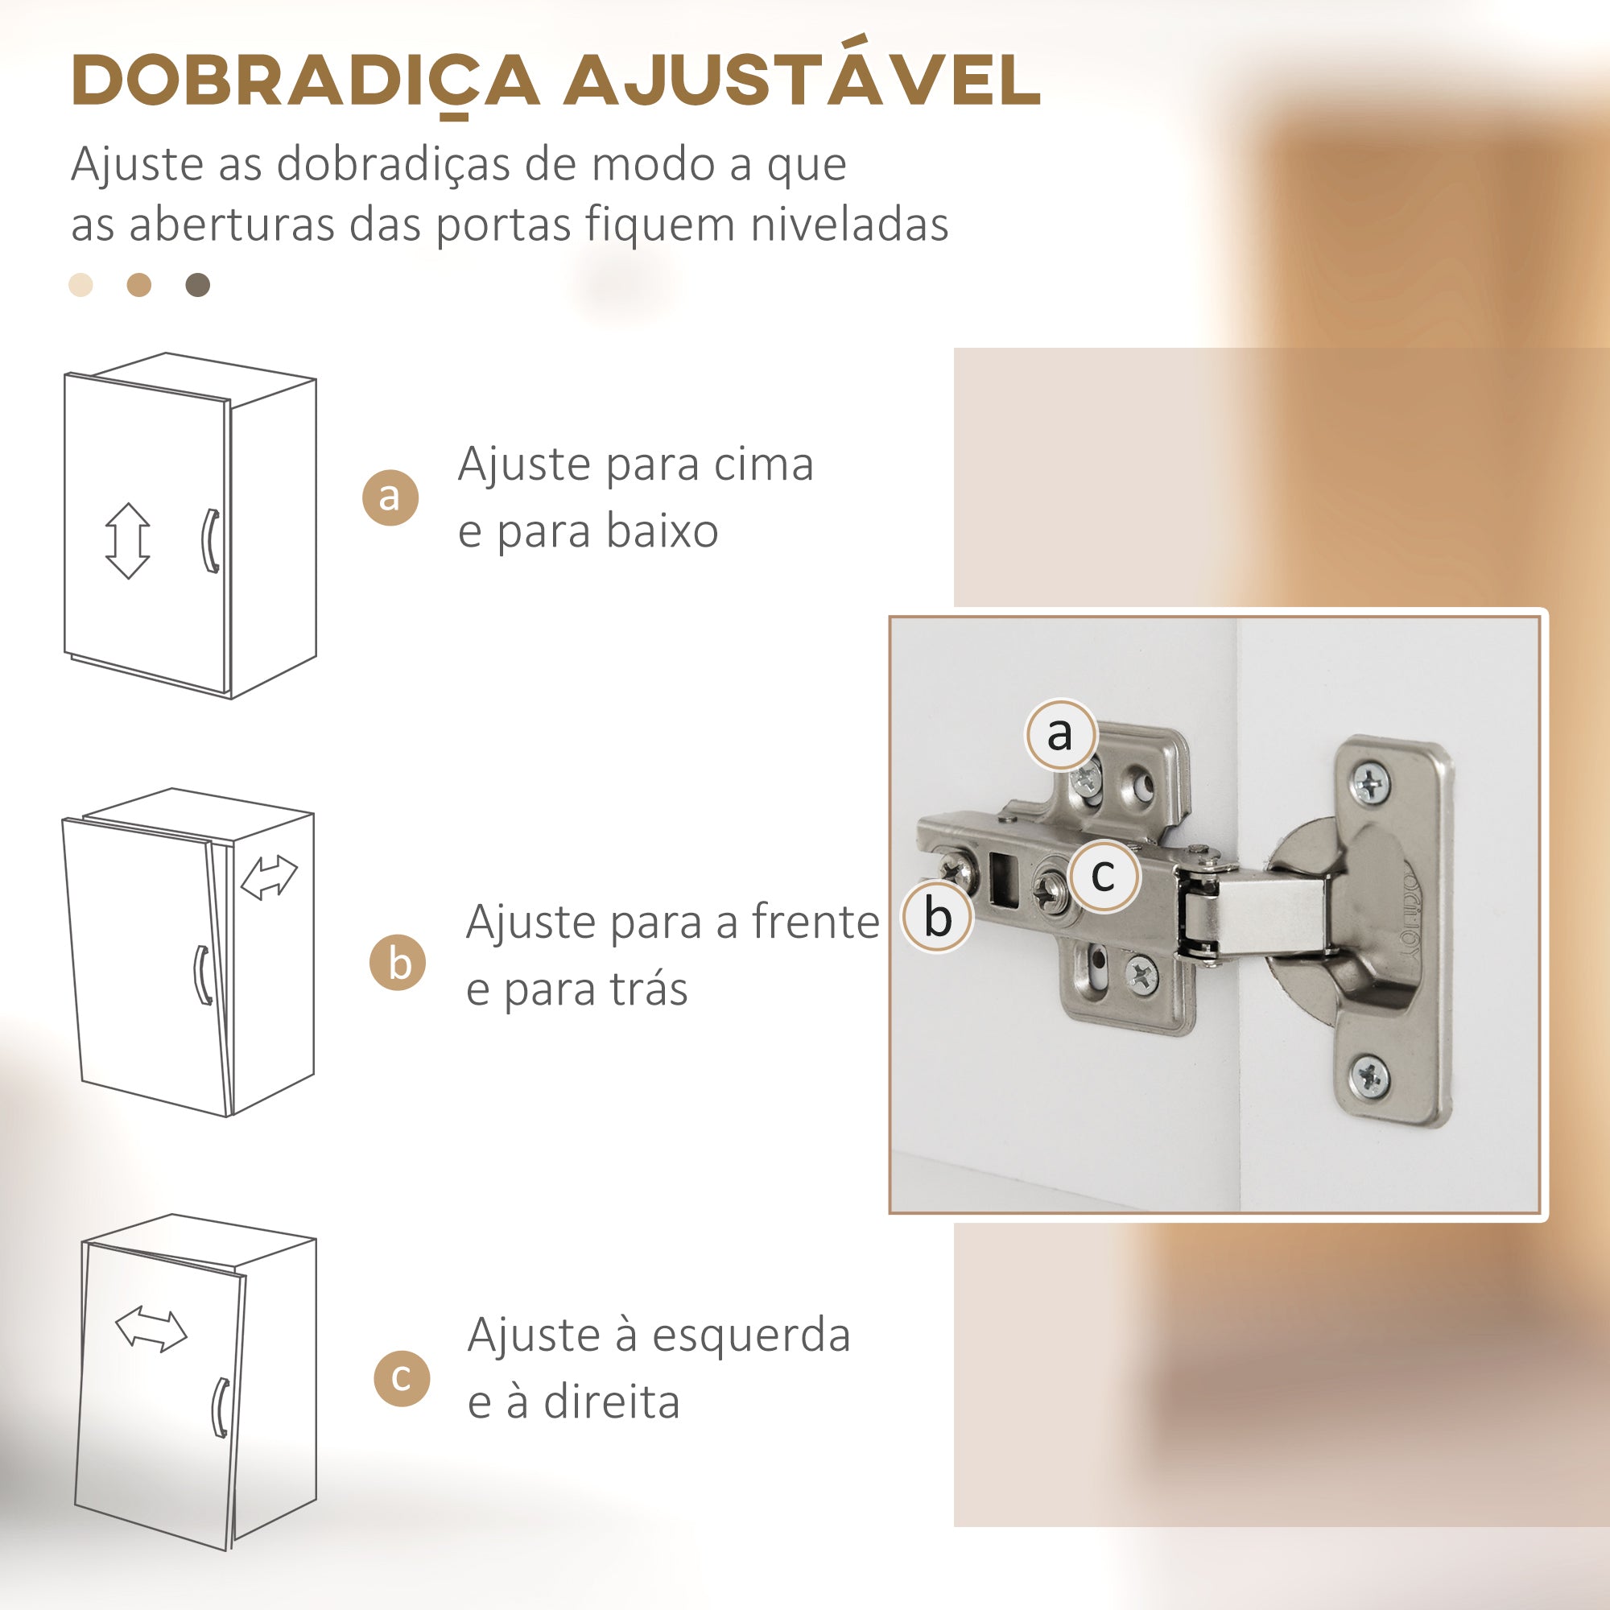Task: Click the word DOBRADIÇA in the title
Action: [306, 81]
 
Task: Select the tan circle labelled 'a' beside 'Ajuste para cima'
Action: [390, 497]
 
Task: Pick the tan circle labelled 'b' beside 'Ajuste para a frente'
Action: [398, 963]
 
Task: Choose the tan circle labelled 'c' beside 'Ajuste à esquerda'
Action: [402, 1378]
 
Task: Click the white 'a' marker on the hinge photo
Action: [1060, 734]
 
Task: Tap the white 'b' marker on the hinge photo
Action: [938, 917]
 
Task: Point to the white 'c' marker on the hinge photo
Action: [1104, 874]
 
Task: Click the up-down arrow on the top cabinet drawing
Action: [127, 541]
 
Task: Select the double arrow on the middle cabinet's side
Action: [268, 877]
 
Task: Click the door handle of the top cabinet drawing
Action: [211, 541]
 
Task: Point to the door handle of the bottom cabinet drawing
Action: [220, 1407]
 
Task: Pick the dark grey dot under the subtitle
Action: [197, 285]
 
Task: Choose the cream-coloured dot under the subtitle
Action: [80, 285]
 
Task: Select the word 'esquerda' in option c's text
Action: [751, 1335]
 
